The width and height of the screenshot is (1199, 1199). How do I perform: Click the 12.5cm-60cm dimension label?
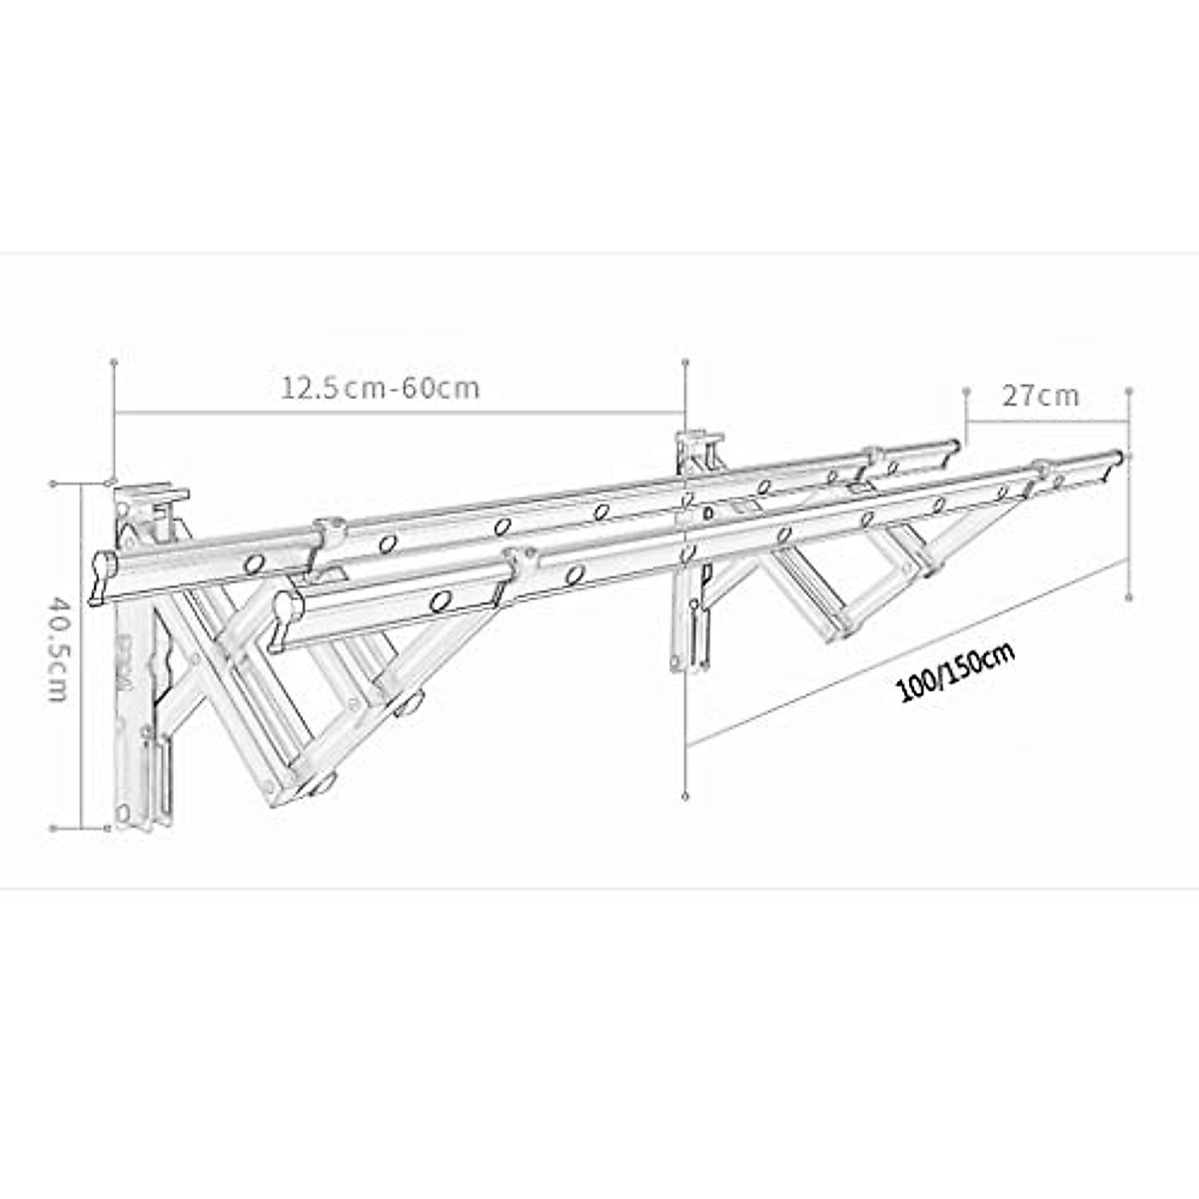point(380,388)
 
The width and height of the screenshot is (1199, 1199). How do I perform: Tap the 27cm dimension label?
point(1041,396)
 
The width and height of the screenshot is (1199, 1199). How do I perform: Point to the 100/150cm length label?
point(956,674)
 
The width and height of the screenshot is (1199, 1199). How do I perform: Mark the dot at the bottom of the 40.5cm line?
point(53,827)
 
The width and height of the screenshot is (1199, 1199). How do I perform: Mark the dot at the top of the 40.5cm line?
point(53,483)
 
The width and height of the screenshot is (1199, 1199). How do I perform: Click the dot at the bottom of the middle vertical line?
point(684,795)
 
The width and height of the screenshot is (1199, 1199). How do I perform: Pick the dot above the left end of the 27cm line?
point(966,389)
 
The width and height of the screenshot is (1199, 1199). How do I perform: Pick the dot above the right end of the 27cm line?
point(1128,391)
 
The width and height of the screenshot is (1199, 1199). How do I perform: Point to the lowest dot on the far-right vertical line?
point(1128,598)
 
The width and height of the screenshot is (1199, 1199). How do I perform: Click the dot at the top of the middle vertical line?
point(684,360)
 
